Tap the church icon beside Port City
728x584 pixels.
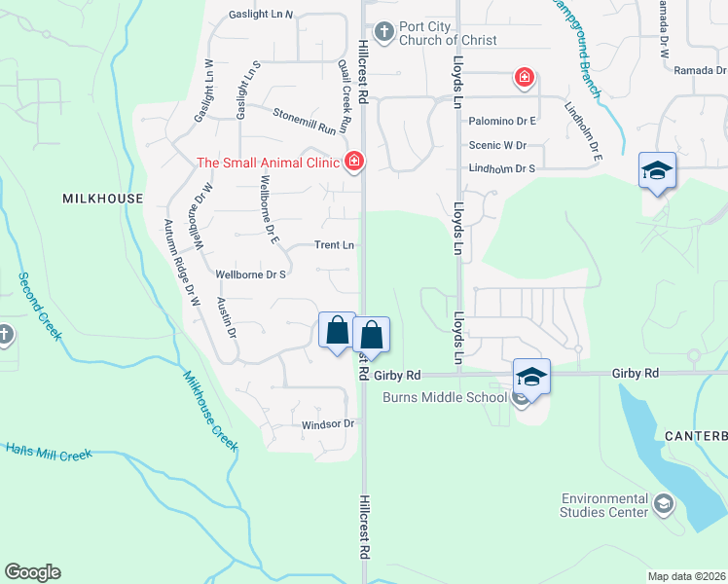[x=383, y=33]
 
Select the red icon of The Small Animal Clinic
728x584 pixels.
[x=353, y=162]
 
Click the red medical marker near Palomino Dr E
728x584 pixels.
[x=524, y=78]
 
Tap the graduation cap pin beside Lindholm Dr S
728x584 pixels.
[x=657, y=170]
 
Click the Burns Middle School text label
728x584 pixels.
[x=444, y=397]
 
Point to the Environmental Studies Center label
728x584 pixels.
[x=604, y=504]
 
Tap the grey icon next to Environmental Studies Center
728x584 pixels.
[x=664, y=503]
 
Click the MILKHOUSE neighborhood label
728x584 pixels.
[x=103, y=199]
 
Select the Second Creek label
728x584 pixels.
[x=40, y=306]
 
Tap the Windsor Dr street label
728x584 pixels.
[x=327, y=424]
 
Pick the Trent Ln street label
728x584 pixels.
[x=334, y=245]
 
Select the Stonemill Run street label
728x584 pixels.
[x=309, y=122]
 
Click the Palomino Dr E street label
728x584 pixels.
[x=503, y=122]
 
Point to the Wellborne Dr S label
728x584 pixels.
[x=250, y=274]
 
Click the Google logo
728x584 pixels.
[x=32, y=572]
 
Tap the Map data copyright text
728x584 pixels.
[x=686, y=576]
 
